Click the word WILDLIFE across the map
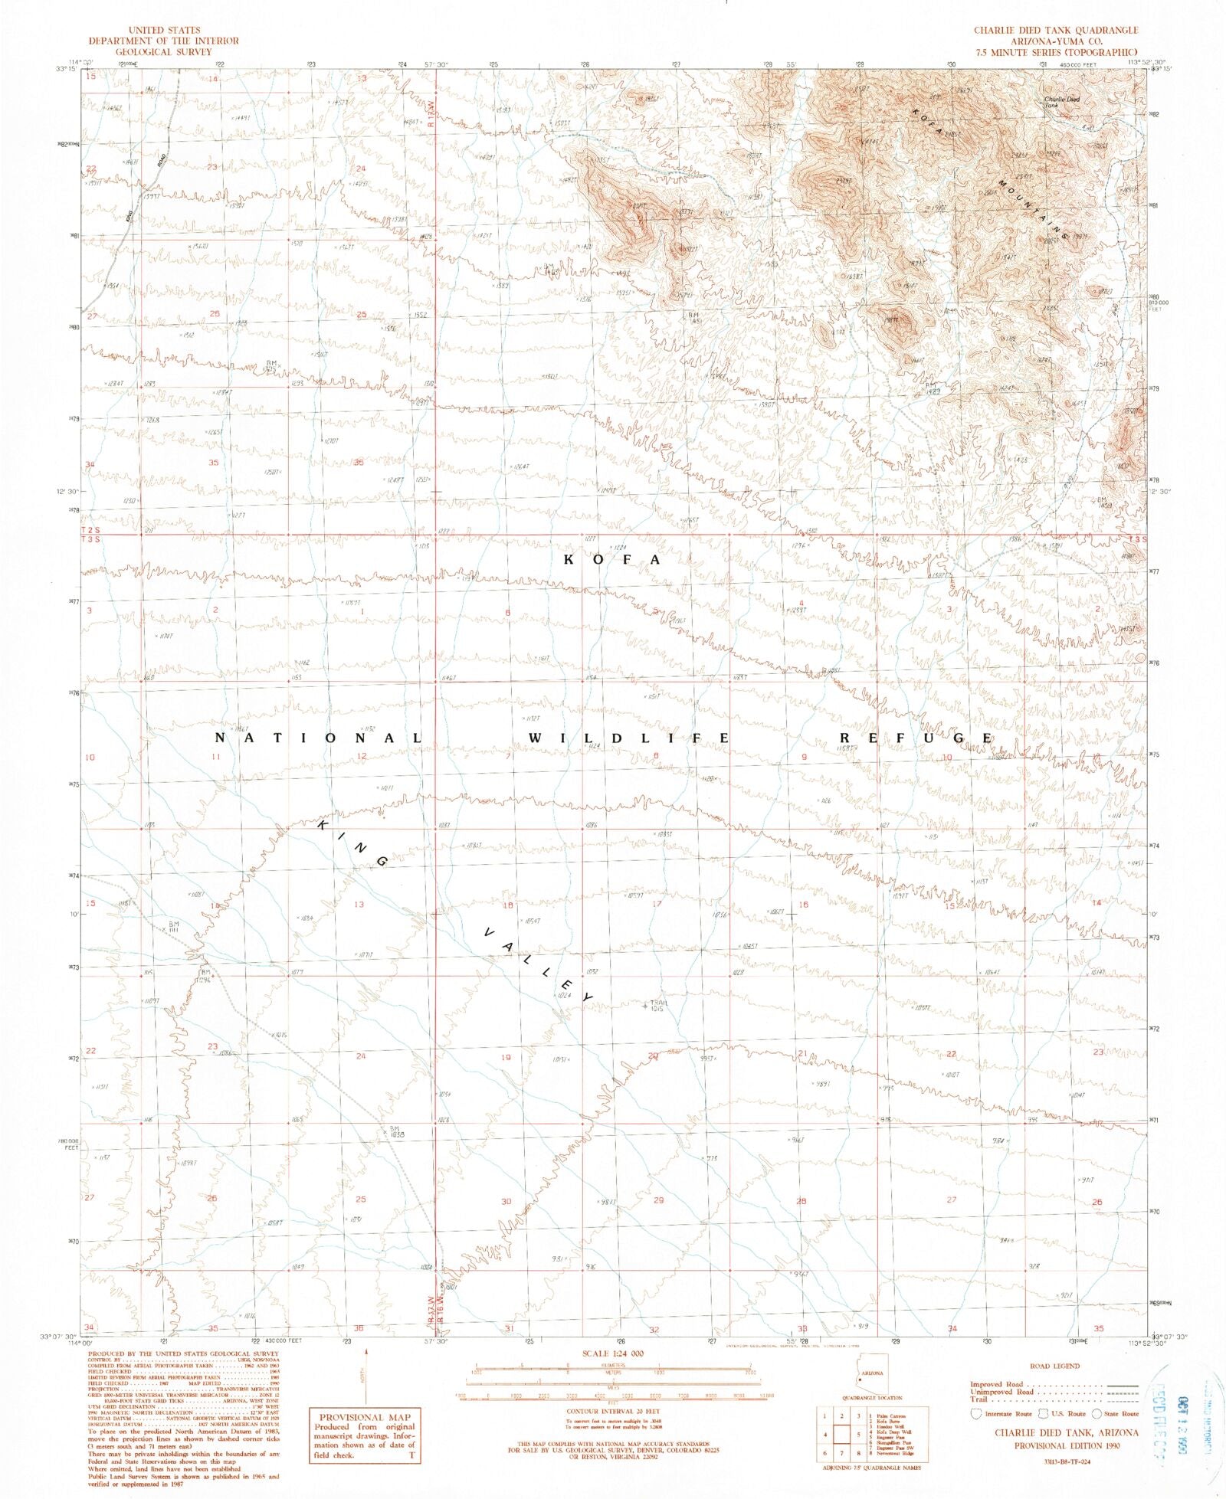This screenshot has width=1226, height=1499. pyautogui.click(x=628, y=738)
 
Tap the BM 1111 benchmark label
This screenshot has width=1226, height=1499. pyautogui.click(x=175, y=927)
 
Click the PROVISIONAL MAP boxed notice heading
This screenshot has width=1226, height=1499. pyautogui.click(x=365, y=1417)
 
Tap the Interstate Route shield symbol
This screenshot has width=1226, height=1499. pyautogui.click(x=977, y=1413)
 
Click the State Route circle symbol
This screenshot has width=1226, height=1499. pyautogui.click(x=1097, y=1413)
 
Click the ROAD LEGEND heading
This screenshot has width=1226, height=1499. pyautogui.click(x=1055, y=1366)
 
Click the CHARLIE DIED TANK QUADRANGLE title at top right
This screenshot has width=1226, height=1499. pyautogui.click(x=1056, y=30)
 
